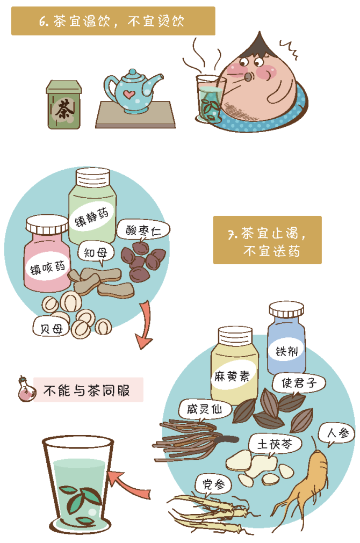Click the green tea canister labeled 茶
point(64,105)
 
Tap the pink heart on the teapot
point(129,93)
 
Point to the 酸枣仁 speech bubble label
point(143,229)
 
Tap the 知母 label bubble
point(95,252)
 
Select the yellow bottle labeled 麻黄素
point(235,365)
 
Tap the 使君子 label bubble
point(298,383)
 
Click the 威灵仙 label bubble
point(205,409)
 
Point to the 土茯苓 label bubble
point(275,444)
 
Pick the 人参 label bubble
point(336,433)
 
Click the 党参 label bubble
point(213,484)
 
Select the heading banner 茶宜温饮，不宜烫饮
point(113,21)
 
